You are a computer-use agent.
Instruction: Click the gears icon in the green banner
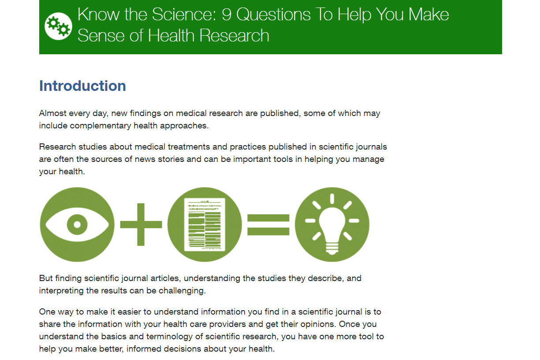[x=58, y=26]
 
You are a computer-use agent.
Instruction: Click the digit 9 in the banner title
[x=226, y=15]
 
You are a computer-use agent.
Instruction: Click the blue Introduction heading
[x=82, y=86]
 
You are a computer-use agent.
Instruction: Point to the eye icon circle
[x=77, y=225]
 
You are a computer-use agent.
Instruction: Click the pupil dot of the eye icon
[x=77, y=225]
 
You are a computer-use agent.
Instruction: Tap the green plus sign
[x=141, y=225]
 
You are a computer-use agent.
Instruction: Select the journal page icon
[x=205, y=225]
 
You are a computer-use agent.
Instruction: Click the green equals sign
[x=268, y=225]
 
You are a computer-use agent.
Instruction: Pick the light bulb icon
[x=332, y=224]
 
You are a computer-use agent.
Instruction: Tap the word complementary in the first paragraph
[x=96, y=126]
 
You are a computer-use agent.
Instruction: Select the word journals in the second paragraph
[x=371, y=147]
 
